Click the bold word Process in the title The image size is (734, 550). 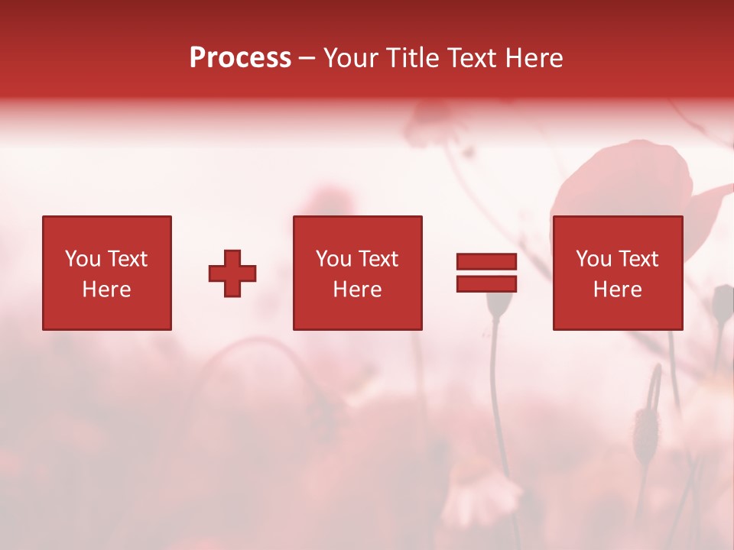[240, 58]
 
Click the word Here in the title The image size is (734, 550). [533, 58]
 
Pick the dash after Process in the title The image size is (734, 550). [307, 59]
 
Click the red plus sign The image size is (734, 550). [232, 273]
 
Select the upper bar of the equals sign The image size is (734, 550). [486, 262]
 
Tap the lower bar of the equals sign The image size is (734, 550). [486, 283]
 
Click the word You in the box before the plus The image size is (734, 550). [83, 259]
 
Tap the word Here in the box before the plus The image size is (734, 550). [106, 290]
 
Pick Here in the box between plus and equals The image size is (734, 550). [357, 290]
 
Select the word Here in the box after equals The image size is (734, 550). [617, 290]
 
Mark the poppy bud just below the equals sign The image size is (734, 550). [499, 304]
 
